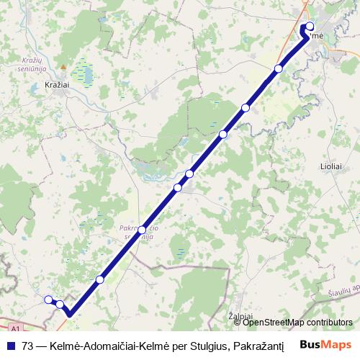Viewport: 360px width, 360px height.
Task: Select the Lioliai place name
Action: tap(330, 166)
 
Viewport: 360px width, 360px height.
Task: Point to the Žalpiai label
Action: tap(240, 316)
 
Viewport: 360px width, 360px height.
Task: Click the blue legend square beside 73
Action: tap(10, 345)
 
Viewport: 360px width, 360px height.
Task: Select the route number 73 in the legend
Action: tap(28, 345)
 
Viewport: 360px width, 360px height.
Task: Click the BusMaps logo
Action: tap(325, 345)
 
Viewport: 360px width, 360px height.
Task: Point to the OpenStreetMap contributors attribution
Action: tap(297, 322)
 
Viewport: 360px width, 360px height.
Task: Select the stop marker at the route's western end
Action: tap(48, 300)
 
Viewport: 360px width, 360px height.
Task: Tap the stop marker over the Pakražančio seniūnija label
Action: tap(142, 230)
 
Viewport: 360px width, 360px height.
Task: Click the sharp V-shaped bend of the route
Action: tap(71, 314)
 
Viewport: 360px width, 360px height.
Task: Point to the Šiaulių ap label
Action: tap(341, 292)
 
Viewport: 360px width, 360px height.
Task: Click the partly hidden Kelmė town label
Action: tap(318, 36)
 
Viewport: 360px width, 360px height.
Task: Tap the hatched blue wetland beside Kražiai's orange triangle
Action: tap(85, 71)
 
